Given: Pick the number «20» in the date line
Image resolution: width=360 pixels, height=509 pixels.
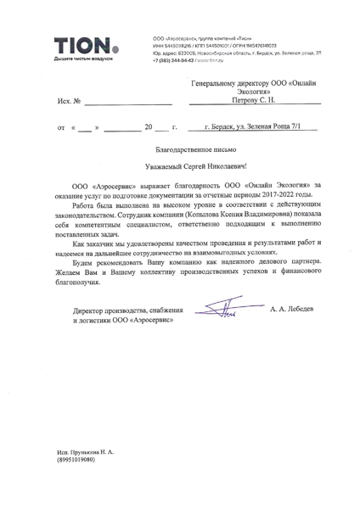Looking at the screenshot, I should tap(149, 154).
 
